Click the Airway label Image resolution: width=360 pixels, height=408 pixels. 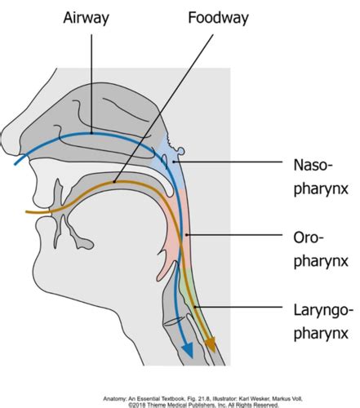click(x=86, y=18)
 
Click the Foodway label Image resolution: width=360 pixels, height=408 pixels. click(x=218, y=18)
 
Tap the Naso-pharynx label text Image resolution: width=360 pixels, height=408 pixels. click(x=321, y=176)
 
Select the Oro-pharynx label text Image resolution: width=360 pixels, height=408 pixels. click(x=321, y=249)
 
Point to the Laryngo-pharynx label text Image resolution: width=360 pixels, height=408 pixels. click(x=323, y=322)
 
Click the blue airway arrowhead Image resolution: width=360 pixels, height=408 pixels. click(x=188, y=350)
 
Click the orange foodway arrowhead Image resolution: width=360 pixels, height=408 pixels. click(x=211, y=345)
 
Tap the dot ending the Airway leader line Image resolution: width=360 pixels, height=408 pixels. click(x=91, y=133)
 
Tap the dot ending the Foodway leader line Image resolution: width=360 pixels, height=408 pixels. click(x=114, y=181)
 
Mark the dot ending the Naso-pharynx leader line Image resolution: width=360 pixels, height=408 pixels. click(x=173, y=162)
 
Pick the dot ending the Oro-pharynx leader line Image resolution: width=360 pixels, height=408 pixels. click(x=186, y=234)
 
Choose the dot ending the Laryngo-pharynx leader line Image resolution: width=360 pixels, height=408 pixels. click(x=195, y=307)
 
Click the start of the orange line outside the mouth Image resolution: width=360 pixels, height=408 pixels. click(x=27, y=211)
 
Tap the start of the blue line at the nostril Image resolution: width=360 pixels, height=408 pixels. click(x=16, y=164)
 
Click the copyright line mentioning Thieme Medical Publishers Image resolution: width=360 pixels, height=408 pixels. click(x=203, y=406)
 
